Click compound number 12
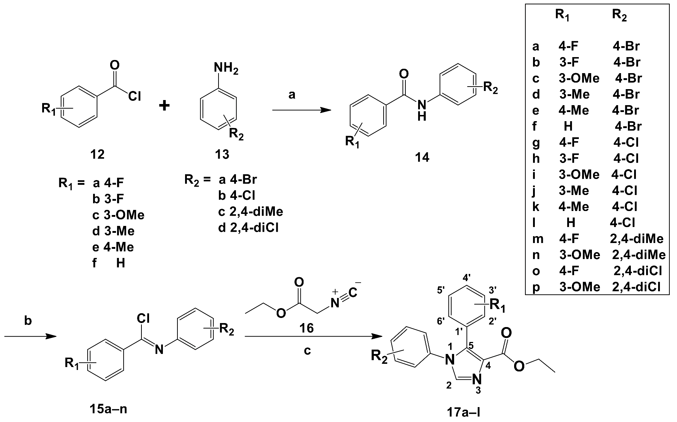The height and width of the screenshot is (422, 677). pyautogui.click(x=97, y=154)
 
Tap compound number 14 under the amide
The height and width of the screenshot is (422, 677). pyautogui.click(x=422, y=157)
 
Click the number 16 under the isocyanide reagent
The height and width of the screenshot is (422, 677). pyautogui.click(x=306, y=328)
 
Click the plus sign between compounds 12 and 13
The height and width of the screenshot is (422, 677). pyautogui.click(x=164, y=106)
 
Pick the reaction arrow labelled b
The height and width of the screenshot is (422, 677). pyautogui.click(x=31, y=337)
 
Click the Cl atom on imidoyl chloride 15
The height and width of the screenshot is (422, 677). pyautogui.click(x=144, y=318)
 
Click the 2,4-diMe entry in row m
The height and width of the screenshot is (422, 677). pyautogui.click(x=637, y=239)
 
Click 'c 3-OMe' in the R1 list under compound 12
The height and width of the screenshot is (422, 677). pyautogui.click(x=119, y=215)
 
